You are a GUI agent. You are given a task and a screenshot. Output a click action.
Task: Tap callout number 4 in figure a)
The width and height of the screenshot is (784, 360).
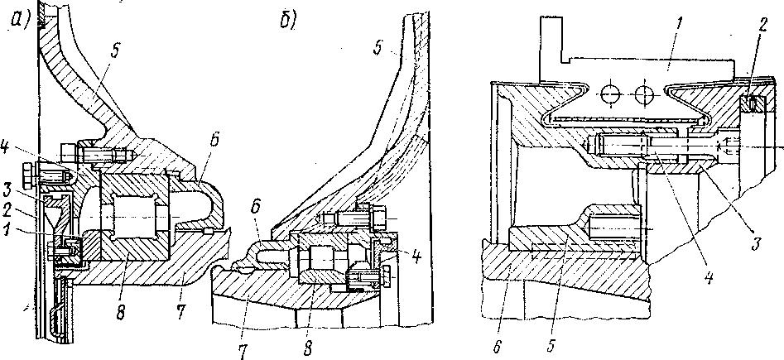click(x=7, y=151)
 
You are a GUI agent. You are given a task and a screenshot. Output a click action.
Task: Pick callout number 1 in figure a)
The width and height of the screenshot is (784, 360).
click(x=8, y=232)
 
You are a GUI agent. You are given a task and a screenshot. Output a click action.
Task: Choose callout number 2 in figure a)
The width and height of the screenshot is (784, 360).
click(x=7, y=211)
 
